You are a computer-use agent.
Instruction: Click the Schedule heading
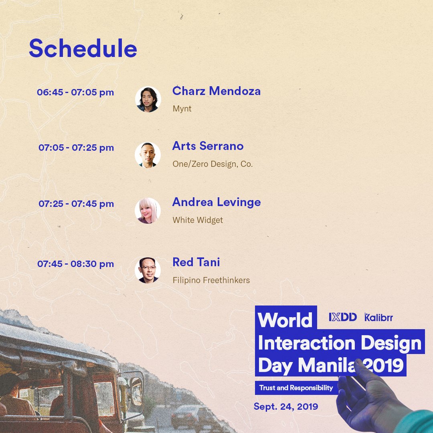pyautogui.click(x=83, y=49)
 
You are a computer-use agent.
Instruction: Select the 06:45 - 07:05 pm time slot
pyautogui.click(x=75, y=92)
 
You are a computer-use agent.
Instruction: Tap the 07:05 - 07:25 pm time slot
pyautogui.click(x=76, y=148)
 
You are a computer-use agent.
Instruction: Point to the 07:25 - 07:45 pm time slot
pyautogui.click(x=76, y=204)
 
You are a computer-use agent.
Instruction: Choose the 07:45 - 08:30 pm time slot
pyautogui.click(x=76, y=264)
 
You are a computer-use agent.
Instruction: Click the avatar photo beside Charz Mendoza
pyautogui.click(x=148, y=99)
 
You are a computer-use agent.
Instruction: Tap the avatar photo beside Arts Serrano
pyautogui.click(x=148, y=155)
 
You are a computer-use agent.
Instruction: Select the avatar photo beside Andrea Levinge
pyautogui.click(x=148, y=210)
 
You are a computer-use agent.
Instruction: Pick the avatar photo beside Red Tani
pyautogui.click(x=148, y=270)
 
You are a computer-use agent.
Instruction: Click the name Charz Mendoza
pyautogui.click(x=216, y=91)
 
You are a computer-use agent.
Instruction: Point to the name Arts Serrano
pyautogui.click(x=208, y=146)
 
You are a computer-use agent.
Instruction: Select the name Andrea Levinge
pyautogui.click(x=216, y=202)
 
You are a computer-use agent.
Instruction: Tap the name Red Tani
pyautogui.click(x=196, y=262)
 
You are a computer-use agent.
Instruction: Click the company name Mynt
pyautogui.click(x=182, y=109)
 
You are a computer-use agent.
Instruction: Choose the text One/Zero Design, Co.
pyautogui.click(x=212, y=164)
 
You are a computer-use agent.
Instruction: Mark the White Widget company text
pyautogui.click(x=198, y=220)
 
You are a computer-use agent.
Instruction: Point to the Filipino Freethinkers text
pyautogui.click(x=211, y=280)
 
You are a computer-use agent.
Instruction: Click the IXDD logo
pyautogui.click(x=343, y=318)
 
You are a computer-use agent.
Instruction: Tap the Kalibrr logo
pyautogui.click(x=379, y=318)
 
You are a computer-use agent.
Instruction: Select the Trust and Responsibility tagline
pyautogui.click(x=296, y=388)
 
